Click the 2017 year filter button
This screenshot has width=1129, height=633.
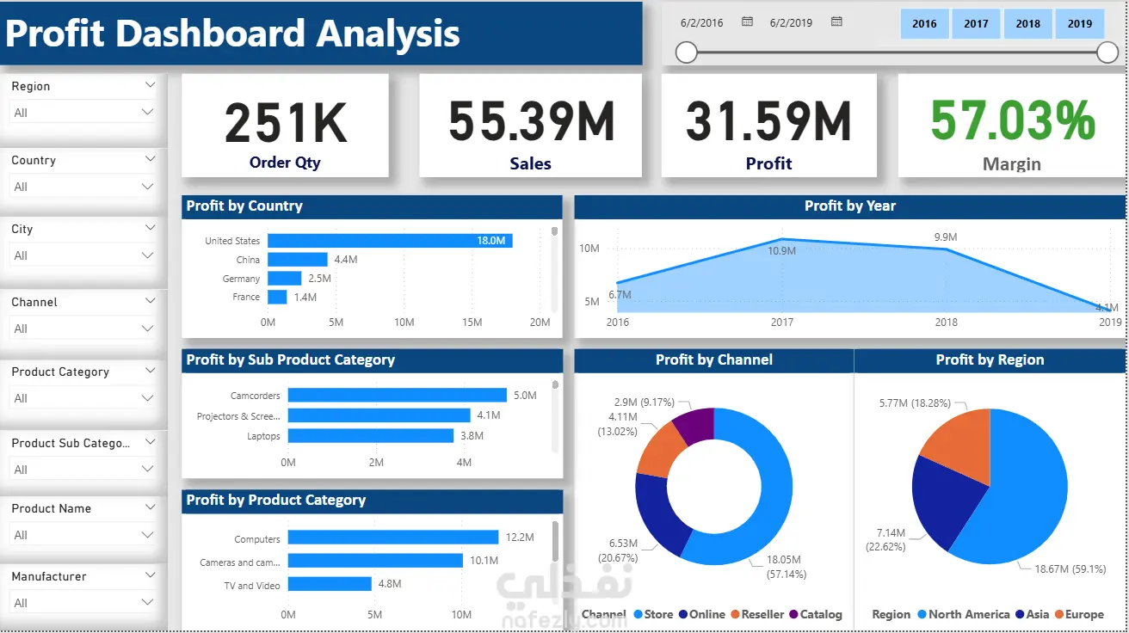(976, 24)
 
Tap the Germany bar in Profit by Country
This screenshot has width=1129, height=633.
(284, 279)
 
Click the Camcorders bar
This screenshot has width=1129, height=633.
(397, 396)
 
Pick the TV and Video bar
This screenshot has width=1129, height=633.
(329, 585)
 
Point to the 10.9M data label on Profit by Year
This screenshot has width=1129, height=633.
(781, 251)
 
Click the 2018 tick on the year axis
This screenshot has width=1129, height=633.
(946, 323)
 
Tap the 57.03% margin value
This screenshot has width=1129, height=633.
(1012, 121)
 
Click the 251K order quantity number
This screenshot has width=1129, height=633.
(285, 123)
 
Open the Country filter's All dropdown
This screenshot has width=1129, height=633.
(83, 187)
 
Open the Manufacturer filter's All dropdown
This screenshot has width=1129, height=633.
(83, 603)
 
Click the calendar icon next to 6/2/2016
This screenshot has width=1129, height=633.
(747, 22)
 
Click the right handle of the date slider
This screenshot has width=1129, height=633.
(1107, 53)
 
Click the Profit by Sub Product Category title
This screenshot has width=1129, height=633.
(291, 360)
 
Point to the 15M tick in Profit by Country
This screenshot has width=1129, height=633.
(472, 323)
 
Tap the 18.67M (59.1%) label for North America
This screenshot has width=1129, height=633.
(1057, 568)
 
